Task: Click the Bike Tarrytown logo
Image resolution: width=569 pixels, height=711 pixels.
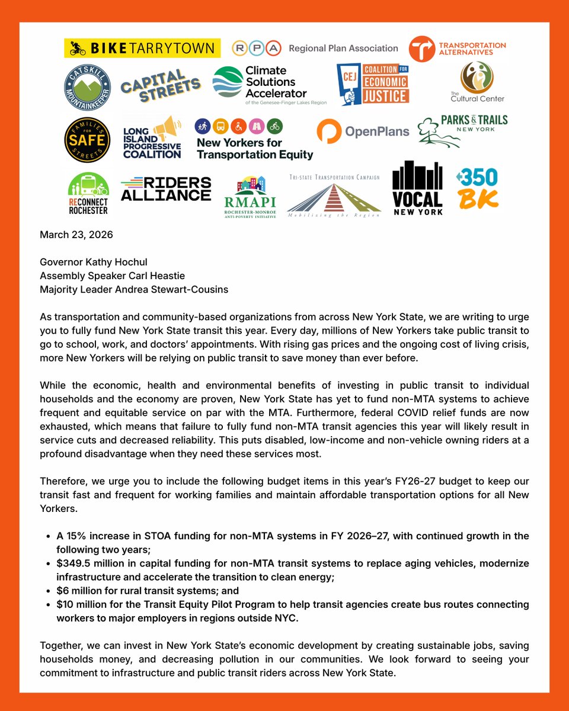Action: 142,48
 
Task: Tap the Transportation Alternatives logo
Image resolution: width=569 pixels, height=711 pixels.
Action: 458,49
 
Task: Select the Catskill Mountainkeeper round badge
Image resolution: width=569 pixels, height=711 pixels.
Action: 88,87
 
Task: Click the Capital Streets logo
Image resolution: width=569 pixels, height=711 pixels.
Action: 161,85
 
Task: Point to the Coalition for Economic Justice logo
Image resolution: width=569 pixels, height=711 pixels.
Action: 373,85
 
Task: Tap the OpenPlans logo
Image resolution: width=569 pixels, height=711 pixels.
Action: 363,132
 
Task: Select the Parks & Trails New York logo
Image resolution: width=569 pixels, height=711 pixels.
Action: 463,130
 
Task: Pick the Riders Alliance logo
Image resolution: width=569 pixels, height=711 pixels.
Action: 165,188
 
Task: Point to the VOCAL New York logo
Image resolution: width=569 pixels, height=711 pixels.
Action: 417,188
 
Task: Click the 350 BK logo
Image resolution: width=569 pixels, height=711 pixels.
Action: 477,189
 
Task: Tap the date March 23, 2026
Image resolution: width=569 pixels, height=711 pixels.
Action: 76,235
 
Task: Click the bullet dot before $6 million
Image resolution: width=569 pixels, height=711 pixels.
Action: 47,591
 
